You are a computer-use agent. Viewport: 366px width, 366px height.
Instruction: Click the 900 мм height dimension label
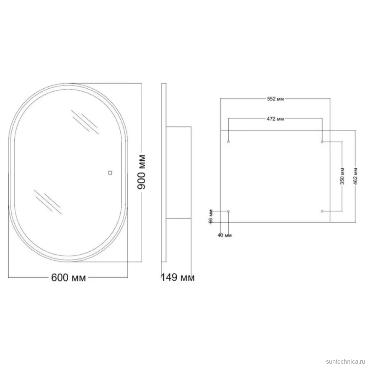click(x=141, y=172)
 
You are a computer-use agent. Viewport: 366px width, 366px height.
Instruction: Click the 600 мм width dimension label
click(x=68, y=278)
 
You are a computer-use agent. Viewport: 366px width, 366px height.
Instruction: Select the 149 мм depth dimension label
click(x=178, y=278)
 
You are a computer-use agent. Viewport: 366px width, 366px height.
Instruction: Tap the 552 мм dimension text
click(x=275, y=99)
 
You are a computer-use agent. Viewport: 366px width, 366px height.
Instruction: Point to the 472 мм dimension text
click(x=275, y=119)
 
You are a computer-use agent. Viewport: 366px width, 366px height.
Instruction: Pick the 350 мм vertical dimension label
click(x=342, y=176)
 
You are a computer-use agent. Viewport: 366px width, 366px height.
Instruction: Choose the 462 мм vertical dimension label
click(x=355, y=176)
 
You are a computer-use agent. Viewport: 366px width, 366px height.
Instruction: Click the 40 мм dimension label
click(x=225, y=235)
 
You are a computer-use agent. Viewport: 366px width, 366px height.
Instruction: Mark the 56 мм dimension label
click(x=211, y=217)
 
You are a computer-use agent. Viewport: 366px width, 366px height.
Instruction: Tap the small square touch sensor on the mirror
click(x=110, y=173)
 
